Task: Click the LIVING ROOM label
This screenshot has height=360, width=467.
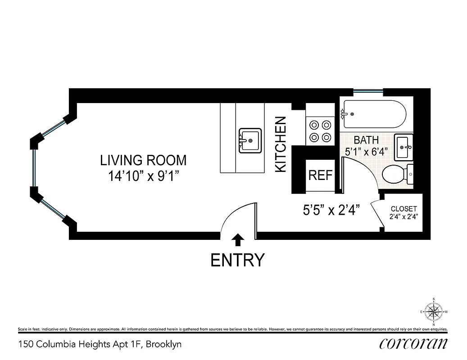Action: click(x=143, y=160)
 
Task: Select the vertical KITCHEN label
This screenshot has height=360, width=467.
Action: click(x=281, y=144)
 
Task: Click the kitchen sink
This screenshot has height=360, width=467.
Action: click(x=249, y=140)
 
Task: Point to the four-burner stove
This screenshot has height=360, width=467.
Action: click(x=320, y=131)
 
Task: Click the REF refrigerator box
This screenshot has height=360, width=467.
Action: click(x=320, y=175)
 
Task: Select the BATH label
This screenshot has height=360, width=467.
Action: click(x=366, y=140)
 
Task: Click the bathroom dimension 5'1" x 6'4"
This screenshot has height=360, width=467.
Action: click(x=366, y=151)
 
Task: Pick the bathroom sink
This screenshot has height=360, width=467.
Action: click(x=404, y=147)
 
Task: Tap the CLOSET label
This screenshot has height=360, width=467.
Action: click(x=404, y=209)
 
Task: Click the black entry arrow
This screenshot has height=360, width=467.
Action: click(x=238, y=240)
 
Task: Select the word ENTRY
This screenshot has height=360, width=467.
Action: click(x=237, y=260)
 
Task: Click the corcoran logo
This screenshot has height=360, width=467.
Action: click(x=413, y=344)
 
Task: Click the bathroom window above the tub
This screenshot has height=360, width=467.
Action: click(x=368, y=92)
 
